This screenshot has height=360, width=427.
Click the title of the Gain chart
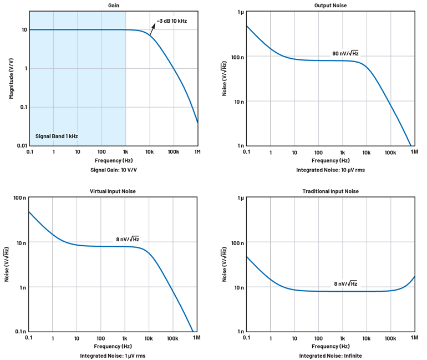pyautogui.click(x=113, y=5)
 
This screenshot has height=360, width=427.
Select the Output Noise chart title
pyautogui.click(x=331, y=5)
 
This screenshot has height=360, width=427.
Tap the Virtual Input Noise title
pyautogui.click(x=113, y=191)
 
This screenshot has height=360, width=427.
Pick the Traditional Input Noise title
pyautogui.click(x=331, y=191)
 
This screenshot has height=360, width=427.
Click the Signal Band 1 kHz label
pyautogui.click(x=56, y=135)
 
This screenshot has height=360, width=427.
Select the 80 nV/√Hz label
pyautogui.click(x=345, y=54)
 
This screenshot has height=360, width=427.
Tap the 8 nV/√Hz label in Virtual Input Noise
pyautogui.click(x=128, y=240)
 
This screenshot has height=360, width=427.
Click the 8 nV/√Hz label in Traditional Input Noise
pyautogui.click(x=345, y=283)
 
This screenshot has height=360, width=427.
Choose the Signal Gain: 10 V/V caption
pyautogui.click(x=113, y=170)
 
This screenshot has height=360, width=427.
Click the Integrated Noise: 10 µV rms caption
pyautogui.click(x=331, y=170)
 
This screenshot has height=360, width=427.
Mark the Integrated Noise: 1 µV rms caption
pyautogui.click(x=113, y=356)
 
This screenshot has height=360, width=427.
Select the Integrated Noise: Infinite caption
pyautogui.click(x=331, y=356)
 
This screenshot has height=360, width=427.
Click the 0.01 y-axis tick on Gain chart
pyautogui.click(x=21, y=145)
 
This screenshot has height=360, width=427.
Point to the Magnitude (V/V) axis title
pyautogui.click(x=11, y=78)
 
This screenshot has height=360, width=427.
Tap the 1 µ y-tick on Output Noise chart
pyautogui.click(x=240, y=12)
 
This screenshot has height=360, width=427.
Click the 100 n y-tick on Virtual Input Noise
pyautogui.click(x=20, y=198)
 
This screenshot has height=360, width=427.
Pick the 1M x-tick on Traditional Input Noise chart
pyautogui.click(x=414, y=338)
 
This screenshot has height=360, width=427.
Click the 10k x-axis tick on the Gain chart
pyautogui.click(x=149, y=151)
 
